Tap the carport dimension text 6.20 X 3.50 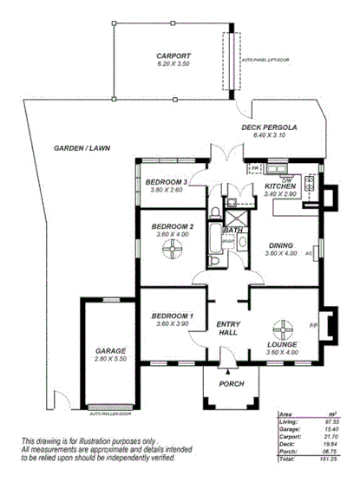pos(173,63)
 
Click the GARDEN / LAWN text pos(82,147)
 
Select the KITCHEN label pos(280,186)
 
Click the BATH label pos(232,230)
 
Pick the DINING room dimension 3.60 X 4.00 pos(282,253)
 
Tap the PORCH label pos(232,383)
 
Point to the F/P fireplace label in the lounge pos(314,326)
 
